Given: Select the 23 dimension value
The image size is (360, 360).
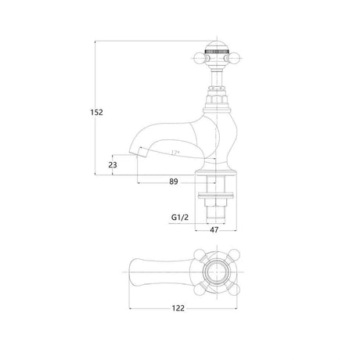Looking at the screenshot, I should (113, 165).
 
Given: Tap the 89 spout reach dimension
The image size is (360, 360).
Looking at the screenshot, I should (174, 182).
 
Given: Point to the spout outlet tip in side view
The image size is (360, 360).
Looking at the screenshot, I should (142, 157).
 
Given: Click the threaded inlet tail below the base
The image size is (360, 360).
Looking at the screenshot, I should (215, 208).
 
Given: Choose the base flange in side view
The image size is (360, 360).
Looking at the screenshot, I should (216, 170).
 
